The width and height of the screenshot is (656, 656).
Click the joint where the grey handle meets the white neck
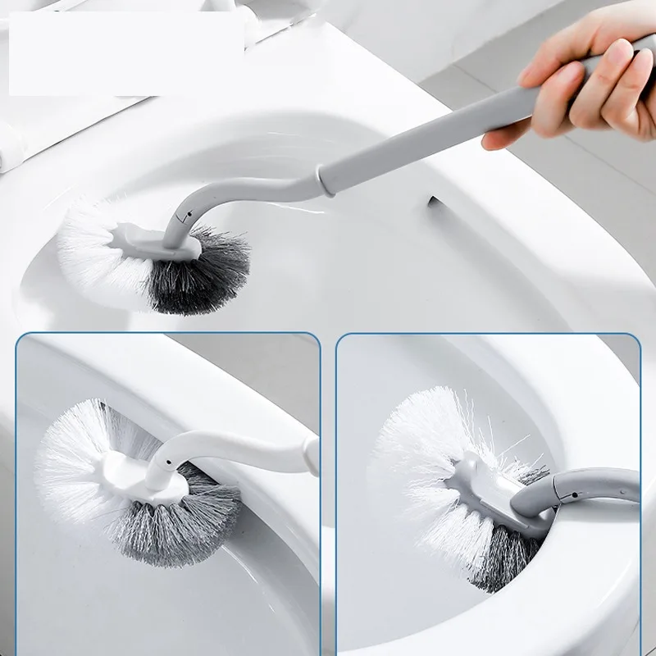pyautogui.click(x=326, y=179)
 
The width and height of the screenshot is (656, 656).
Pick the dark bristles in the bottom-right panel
pyautogui.click(x=500, y=566)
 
